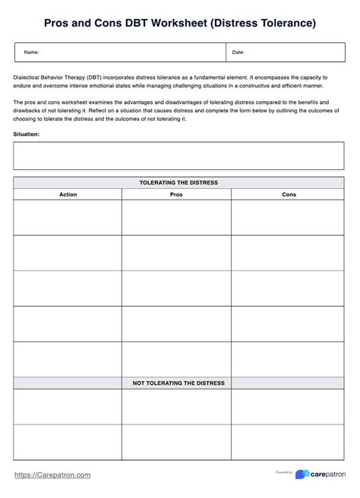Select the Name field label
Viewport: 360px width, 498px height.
point(32,52)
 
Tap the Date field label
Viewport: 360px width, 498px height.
point(238,52)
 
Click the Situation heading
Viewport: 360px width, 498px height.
point(27,134)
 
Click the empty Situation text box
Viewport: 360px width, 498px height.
point(179,156)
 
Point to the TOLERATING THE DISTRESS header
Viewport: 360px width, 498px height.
point(179,183)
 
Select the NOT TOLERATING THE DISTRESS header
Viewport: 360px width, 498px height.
point(179,383)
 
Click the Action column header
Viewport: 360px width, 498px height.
point(68,194)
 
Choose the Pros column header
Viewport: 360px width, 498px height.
point(176,194)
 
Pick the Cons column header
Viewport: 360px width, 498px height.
point(289,194)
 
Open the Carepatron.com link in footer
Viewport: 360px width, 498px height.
point(52,474)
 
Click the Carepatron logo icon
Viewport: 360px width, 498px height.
point(301,474)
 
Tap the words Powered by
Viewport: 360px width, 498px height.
point(284,471)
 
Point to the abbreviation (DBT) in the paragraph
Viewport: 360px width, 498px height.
point(94,77)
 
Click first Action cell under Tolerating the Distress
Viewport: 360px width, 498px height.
point(68,217)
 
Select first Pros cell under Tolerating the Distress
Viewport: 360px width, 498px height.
point(176,217)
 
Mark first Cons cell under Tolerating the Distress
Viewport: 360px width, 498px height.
point(289,217)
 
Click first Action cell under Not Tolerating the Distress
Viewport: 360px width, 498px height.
point(68,407)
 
